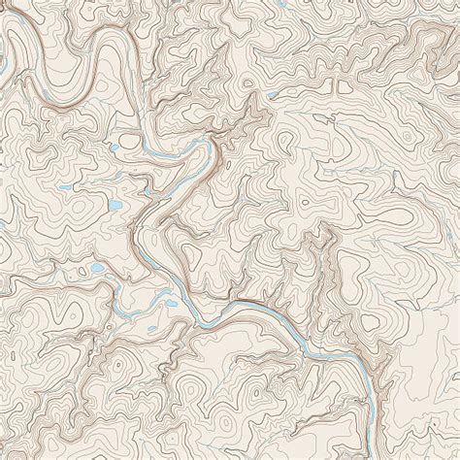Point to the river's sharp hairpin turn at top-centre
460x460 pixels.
pyautogui.click(x=204, y=146)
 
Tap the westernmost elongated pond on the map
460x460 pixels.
pyautogui.click(x=63, y=161)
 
